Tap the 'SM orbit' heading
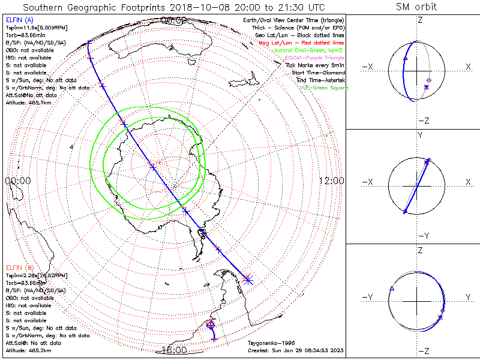[416, 7]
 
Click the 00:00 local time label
[17, 181]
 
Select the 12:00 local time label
[331, 181]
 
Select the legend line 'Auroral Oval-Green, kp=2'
[310, 51]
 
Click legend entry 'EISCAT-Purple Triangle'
[314, 58]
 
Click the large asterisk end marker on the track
[248, 278]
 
